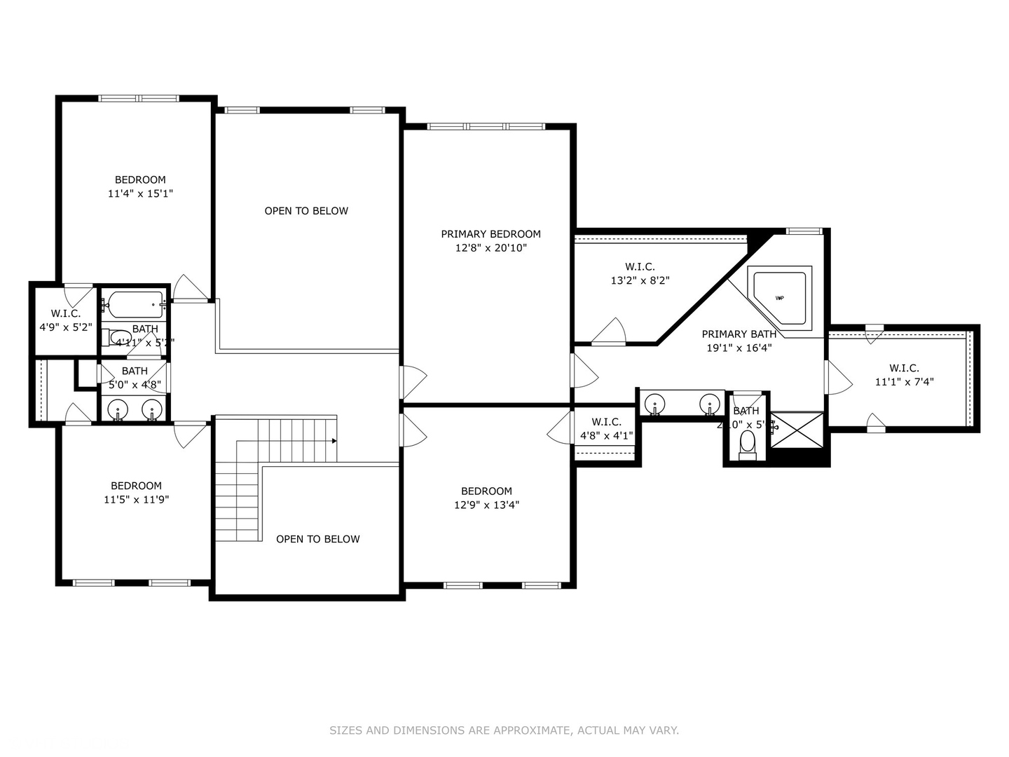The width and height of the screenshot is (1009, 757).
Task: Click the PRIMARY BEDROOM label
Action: (490, 234)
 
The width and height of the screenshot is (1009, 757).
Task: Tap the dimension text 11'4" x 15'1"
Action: (140, 193)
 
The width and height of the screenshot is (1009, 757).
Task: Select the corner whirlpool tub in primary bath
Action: (780, 296)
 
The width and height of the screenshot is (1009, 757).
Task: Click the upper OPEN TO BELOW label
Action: (306, 211)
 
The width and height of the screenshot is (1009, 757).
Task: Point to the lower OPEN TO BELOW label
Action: (317, 539)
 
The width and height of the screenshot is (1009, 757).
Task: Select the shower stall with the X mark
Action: (797, 430)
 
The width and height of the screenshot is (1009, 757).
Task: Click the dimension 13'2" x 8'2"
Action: (640, 280)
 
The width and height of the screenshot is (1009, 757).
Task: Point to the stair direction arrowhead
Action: (334, 441)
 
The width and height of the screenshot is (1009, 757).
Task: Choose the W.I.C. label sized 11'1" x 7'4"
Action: (904, 368)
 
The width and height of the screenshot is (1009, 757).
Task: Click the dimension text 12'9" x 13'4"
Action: (486, 505)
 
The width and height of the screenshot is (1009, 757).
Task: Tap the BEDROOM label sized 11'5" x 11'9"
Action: (136, 486)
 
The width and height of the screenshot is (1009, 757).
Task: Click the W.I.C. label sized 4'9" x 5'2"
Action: (65, 313)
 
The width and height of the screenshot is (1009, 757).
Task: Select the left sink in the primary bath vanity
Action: (654, 404)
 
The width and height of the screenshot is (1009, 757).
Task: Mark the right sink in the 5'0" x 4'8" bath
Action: (151, 409)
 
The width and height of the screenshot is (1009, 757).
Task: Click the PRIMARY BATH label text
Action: (739, 334)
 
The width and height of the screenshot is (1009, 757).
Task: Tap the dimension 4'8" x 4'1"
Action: (606, 435)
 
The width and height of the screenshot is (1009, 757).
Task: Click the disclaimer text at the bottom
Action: (504, 730)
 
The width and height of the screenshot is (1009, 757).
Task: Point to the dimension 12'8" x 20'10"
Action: (490, 248)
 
